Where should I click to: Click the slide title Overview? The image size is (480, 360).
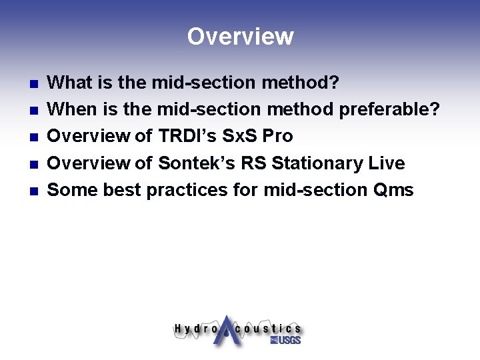pos(240,36)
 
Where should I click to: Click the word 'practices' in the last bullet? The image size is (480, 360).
pos(186,190)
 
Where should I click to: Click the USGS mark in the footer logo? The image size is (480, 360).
pos(285,340)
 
